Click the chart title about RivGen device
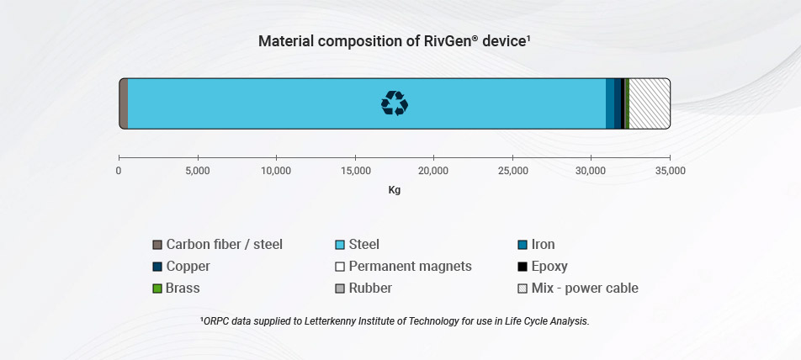click(394, 41)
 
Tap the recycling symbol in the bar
click(394, 103)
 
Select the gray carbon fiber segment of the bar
click(123, 103)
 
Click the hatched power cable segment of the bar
click(649, 103)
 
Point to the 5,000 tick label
click(197, 171)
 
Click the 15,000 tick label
click(354, 171)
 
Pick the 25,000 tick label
click(512, 171)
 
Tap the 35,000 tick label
click(670, 171)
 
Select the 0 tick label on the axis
click(119, 171)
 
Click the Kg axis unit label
click(394, 190)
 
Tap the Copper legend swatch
click(157, 267)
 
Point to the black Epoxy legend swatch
click(523, 267)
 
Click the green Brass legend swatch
click(157, 289)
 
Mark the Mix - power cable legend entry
click(584, 289)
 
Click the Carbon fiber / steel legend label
click(224, 245)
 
